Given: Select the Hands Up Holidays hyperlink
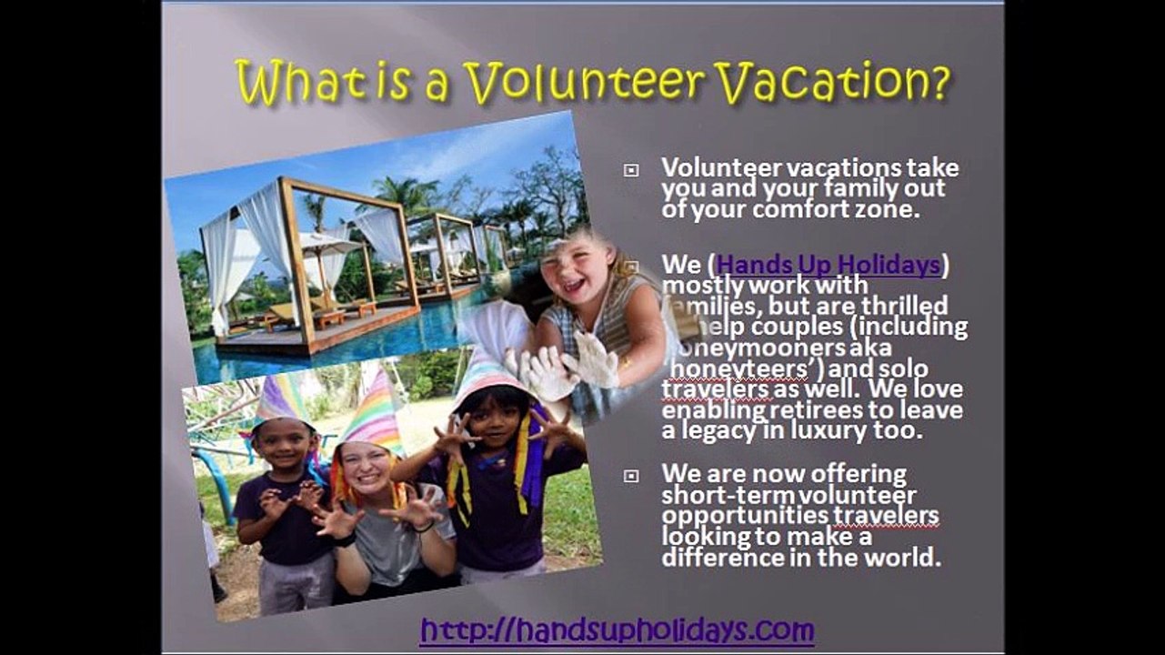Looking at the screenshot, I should click(x=828, y=265).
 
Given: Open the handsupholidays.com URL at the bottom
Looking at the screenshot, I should click(x=617, y=630).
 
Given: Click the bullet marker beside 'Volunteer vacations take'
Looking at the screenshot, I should click(x=631, y=170).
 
